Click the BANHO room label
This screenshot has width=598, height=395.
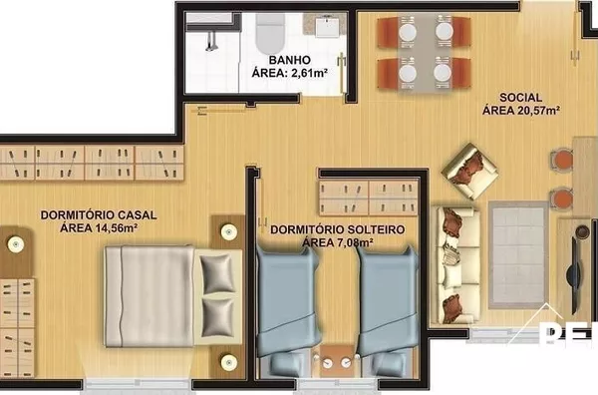click(289, 60)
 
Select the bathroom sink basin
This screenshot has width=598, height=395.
click(327, 26)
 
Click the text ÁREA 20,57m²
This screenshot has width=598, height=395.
click(521, 111)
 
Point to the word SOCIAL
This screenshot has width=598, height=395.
click(520, 98)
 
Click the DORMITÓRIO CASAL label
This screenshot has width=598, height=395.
click(99, 214)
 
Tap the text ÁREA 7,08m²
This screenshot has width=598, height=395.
click(338, 242)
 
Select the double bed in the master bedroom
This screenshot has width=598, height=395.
click(173, 296)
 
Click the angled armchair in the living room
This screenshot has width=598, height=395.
click(469, 171)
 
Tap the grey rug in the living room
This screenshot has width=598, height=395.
click(518, 254)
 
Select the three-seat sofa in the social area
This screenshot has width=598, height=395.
click(456, 265)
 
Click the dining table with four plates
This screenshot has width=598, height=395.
click(425, 53)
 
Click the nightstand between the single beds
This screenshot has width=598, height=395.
click(337, 361)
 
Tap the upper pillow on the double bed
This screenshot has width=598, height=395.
click(217, 273)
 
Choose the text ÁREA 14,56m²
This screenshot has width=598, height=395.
click(99, 228)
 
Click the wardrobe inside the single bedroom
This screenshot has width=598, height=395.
click(369, 197)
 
